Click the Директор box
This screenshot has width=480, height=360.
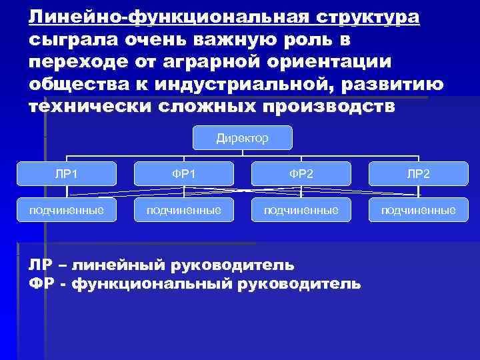click(x=243, y=138)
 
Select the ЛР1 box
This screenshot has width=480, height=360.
click(x=67, y=173)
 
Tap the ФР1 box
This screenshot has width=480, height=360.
click(x=184, y=173)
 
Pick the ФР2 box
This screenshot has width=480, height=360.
click(x=301, y=173)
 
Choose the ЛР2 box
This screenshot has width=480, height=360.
click(x=419, y=173)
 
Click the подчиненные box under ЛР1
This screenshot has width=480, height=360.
click(x=67, y=210)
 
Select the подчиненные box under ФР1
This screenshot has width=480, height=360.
click(x=184, y=210)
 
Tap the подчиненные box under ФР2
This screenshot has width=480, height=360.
click(x=301, y=210)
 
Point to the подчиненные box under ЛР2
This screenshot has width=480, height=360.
click(x=419, y=210)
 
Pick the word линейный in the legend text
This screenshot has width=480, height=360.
click(x=129, y=265)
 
